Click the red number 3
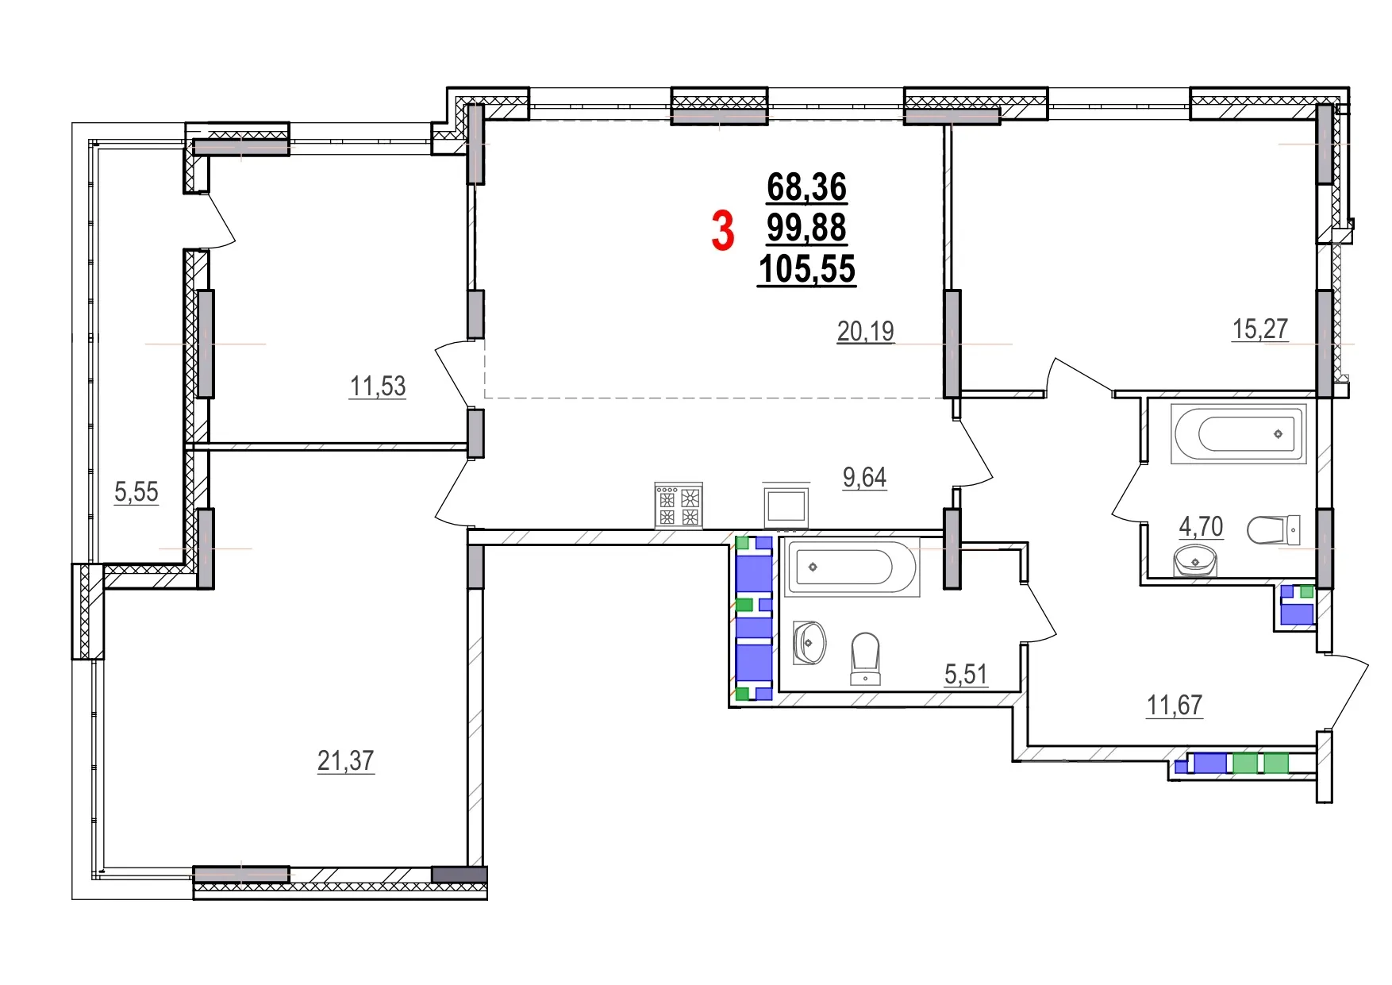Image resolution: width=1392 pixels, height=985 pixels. coord(722,230)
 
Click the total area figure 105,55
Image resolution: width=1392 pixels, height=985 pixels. coord(806,269)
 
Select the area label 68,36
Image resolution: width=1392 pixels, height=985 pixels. coord(806,187)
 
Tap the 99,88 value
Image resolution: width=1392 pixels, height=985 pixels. coord(806,228)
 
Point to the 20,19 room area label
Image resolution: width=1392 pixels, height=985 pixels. coord(865,330)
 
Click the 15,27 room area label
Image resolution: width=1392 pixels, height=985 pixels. coord(1259,329)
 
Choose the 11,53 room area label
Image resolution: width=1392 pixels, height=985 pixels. coord(378,387)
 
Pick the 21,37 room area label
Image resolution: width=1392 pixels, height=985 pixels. coord(345,760)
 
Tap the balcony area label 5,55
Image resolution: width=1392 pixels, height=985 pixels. coord(137,492)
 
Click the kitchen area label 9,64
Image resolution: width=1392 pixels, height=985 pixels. coord(864,477)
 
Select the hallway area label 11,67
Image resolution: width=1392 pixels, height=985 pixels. coord(1175,705)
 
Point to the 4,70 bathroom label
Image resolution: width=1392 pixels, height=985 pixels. coord(1201,526)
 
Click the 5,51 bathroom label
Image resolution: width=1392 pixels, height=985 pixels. coord(966,675)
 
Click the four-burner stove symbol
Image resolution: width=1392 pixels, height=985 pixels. coord(679,506)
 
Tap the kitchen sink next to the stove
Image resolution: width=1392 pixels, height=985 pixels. coord(786,505)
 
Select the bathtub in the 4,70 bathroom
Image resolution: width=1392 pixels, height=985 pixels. coord(1238,433)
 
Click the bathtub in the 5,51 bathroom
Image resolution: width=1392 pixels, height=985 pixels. coord(852,567)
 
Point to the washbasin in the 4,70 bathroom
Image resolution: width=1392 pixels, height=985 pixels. coord(1194,560)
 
